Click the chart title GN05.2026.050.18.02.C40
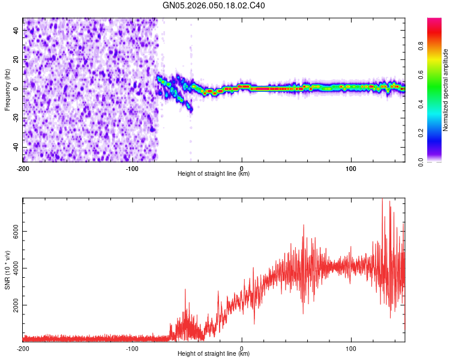click(214, 6)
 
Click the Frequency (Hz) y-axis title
click(7, 89)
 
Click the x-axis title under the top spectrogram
click(214, 174)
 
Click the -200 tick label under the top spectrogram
click(23, 168)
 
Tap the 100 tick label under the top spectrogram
click(351, 168)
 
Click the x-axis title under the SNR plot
click(214, 355)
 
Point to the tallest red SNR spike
click(382, 201)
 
